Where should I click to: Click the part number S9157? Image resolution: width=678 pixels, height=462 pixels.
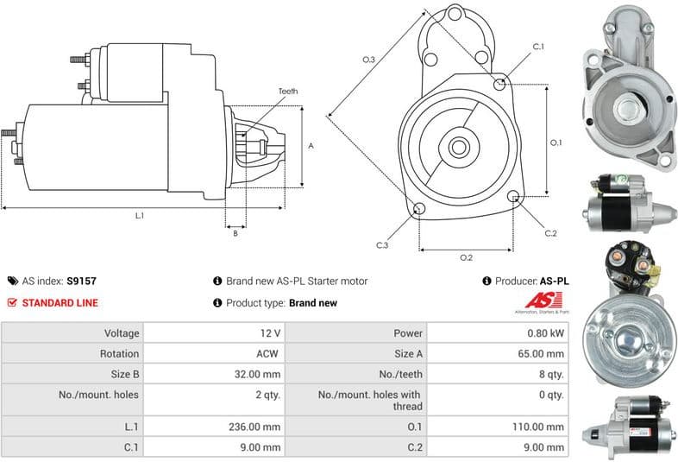click(x=82, y=281)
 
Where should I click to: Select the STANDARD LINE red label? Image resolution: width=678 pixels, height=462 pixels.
click(x=60, y=303)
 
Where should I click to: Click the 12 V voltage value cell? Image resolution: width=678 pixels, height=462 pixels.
click(x=270, y=332)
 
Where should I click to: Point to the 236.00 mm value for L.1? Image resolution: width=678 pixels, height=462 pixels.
click(x=260, y=427)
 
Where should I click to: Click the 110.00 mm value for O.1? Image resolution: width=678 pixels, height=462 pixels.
click(x=544, y=427)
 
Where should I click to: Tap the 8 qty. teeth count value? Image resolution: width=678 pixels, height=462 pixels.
click(x=550, y=374)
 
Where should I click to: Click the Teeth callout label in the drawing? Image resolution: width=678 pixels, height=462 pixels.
click(x=288, y=92)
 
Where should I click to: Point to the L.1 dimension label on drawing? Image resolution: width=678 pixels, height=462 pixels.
click(x=139, y=215)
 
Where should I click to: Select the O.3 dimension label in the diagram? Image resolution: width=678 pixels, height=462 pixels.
click(x=368, y=59)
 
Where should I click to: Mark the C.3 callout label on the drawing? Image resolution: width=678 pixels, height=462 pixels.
click(x=382, y=245)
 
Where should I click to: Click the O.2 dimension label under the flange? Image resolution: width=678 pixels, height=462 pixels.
click(x=466, y=257)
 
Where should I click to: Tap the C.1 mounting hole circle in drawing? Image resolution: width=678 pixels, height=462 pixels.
click(x=501, y=84)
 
